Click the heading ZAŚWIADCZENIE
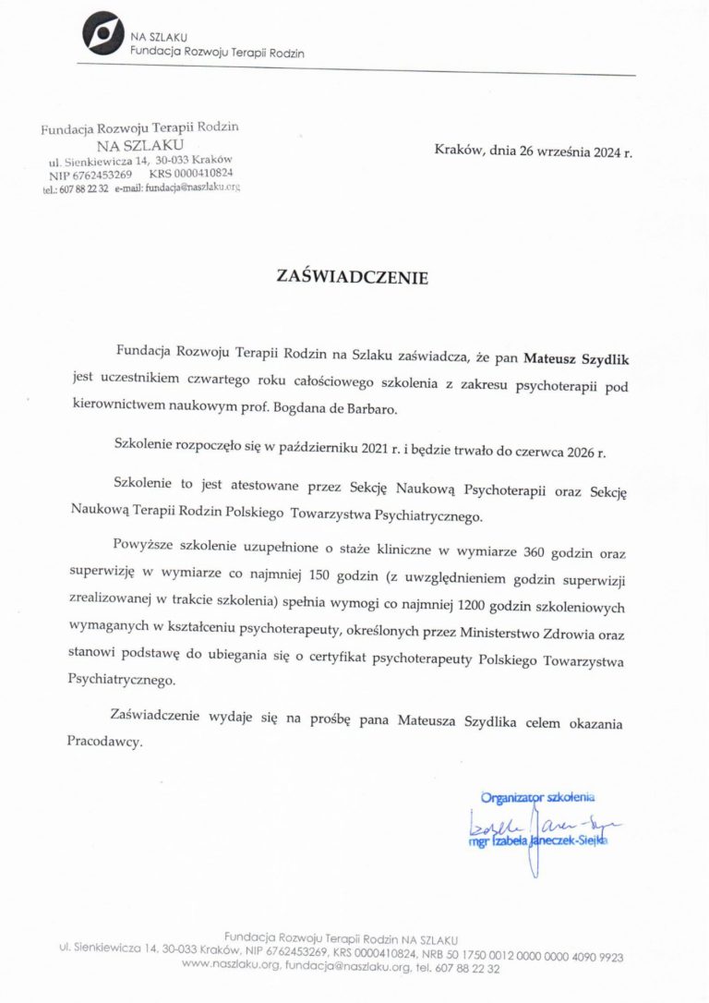354,276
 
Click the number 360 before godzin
535,553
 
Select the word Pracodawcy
105,741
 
